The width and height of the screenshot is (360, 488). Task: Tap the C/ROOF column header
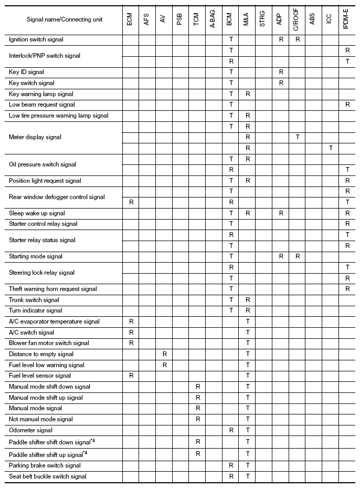pyautogui.click(x=297, y=19)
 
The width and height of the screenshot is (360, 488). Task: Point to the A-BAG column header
pyautogui.click(x=213, y=19)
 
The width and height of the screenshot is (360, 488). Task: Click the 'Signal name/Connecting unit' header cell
pyautogui.click(x=65, y=19)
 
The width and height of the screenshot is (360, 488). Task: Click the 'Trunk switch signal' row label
pyautogui.click(x=34, y=300)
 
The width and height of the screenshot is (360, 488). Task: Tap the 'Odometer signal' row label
pyautogui.click(x=30, y=430)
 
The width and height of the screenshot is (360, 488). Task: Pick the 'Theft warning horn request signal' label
pyautogui.click(x=53, y=289)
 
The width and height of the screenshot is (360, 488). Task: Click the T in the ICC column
pyautogui.click(x=330, y=148)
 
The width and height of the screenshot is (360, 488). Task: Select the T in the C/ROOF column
pyautogui.click(x=298, y=137)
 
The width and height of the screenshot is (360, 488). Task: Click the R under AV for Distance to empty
pyautogui.click(x=164, y=354)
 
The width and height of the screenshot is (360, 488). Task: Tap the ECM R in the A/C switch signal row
pyautogui.click(x=131, y=333)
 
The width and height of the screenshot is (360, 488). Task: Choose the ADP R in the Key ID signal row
pyautogui.click(x=281, y=72)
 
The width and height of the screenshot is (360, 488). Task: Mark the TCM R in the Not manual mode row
pyautogui.click(x=198, y=419)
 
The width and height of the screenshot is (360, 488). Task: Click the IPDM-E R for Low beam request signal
pyautogui.click(x=347, y=105)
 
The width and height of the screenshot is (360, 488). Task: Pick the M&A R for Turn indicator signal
pyautogui.click(x=248, y=310)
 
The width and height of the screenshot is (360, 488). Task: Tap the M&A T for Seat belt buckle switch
pyautogui.click(x=248, y=476)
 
